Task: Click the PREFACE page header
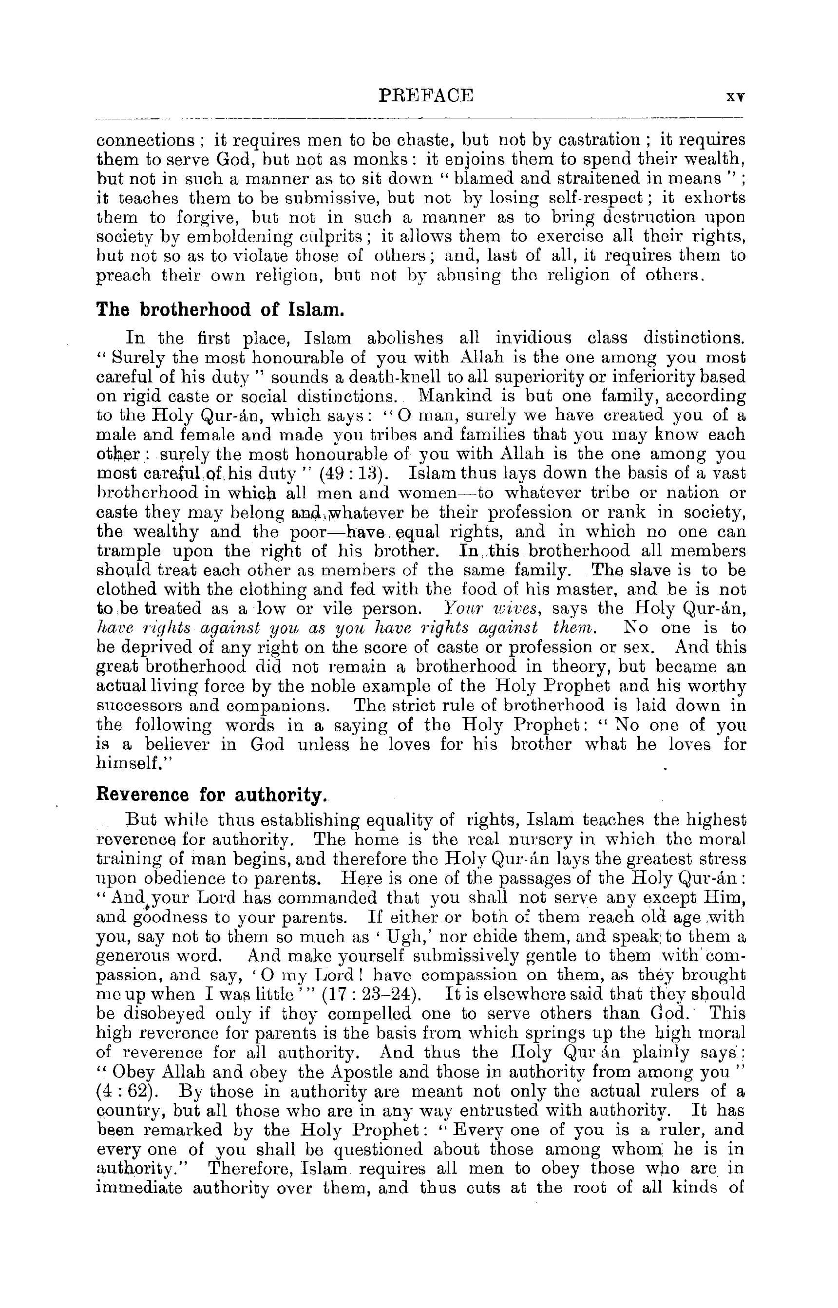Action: (425, 96)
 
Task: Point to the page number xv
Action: (736, 96)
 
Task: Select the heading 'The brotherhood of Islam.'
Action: (220, 310)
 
